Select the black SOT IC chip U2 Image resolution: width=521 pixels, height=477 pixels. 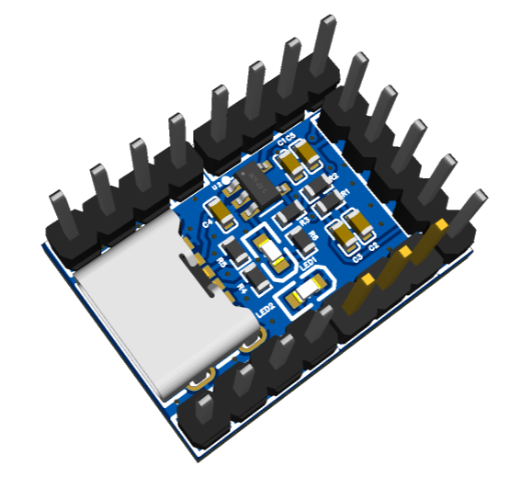[252, 183]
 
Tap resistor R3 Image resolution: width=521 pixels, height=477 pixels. [289, 213]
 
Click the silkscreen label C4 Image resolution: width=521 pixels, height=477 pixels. [208, 221]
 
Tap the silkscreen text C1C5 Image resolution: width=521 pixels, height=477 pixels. [286, 139]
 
